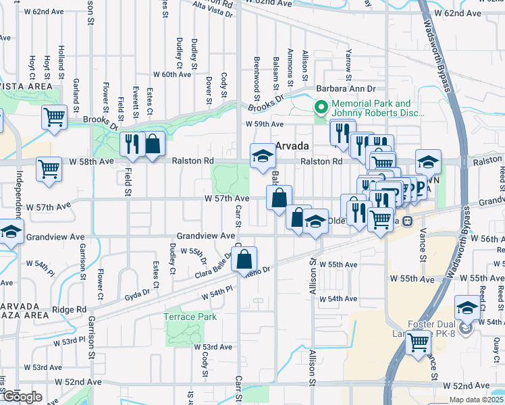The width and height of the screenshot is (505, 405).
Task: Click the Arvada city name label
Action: (x=291, y=146)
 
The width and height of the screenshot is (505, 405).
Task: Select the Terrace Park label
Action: (x=190, y=317)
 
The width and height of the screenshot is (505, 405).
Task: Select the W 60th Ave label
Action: (x=172, y=74)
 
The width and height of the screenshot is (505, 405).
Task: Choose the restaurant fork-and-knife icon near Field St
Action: (x=131, y=143)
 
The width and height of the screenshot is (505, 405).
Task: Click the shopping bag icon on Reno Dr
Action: (x=244, y=259)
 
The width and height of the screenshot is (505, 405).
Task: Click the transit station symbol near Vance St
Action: (x=406, y=221)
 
